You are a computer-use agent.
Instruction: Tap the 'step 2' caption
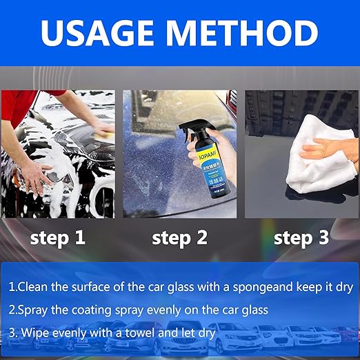(x=179, y=239)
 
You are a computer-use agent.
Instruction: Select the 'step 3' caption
(x=302, y=239)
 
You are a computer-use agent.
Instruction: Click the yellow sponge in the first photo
(x=103, y=130)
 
